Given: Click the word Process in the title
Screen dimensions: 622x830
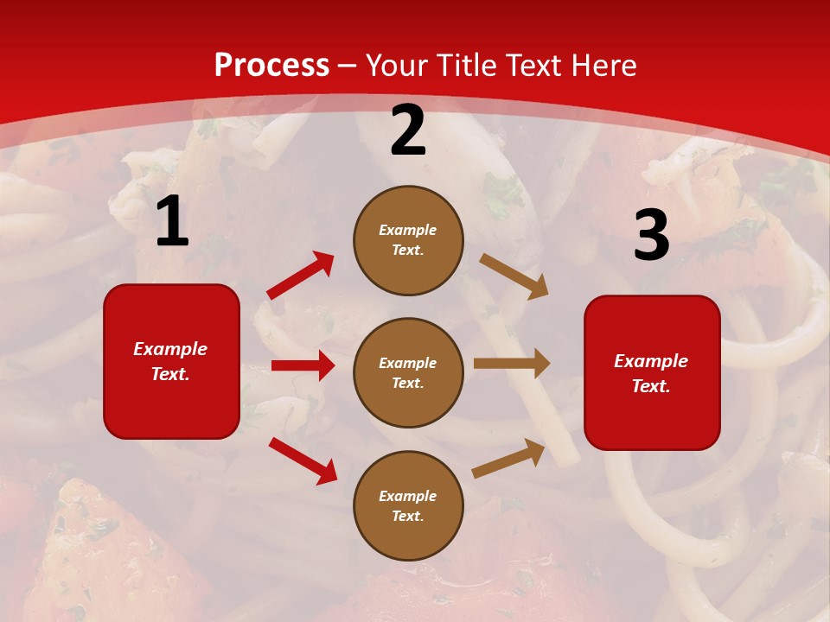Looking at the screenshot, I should coord(271,65).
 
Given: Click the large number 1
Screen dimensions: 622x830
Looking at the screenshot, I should coord(172,222).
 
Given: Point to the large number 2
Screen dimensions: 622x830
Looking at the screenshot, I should coord(408,131).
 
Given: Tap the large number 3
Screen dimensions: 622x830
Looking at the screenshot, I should coord(651,235).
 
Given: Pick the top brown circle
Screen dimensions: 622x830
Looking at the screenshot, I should coord(408,240).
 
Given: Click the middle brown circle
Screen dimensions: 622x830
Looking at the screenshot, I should coord(408,372).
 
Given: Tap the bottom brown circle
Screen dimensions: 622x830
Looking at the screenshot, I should coord(408,505).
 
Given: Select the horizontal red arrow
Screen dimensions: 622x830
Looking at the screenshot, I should coord(303,365).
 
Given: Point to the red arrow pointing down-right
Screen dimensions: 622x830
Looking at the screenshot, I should coord(303,460).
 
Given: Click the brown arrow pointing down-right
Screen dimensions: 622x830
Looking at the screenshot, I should coord(514,276).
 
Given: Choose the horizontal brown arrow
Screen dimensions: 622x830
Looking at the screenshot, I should coord(511,364).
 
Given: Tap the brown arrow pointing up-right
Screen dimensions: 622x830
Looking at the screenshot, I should coord(509,458).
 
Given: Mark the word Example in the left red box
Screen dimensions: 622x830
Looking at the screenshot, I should coord(170,349).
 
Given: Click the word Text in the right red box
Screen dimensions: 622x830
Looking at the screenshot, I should coord(649,386).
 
